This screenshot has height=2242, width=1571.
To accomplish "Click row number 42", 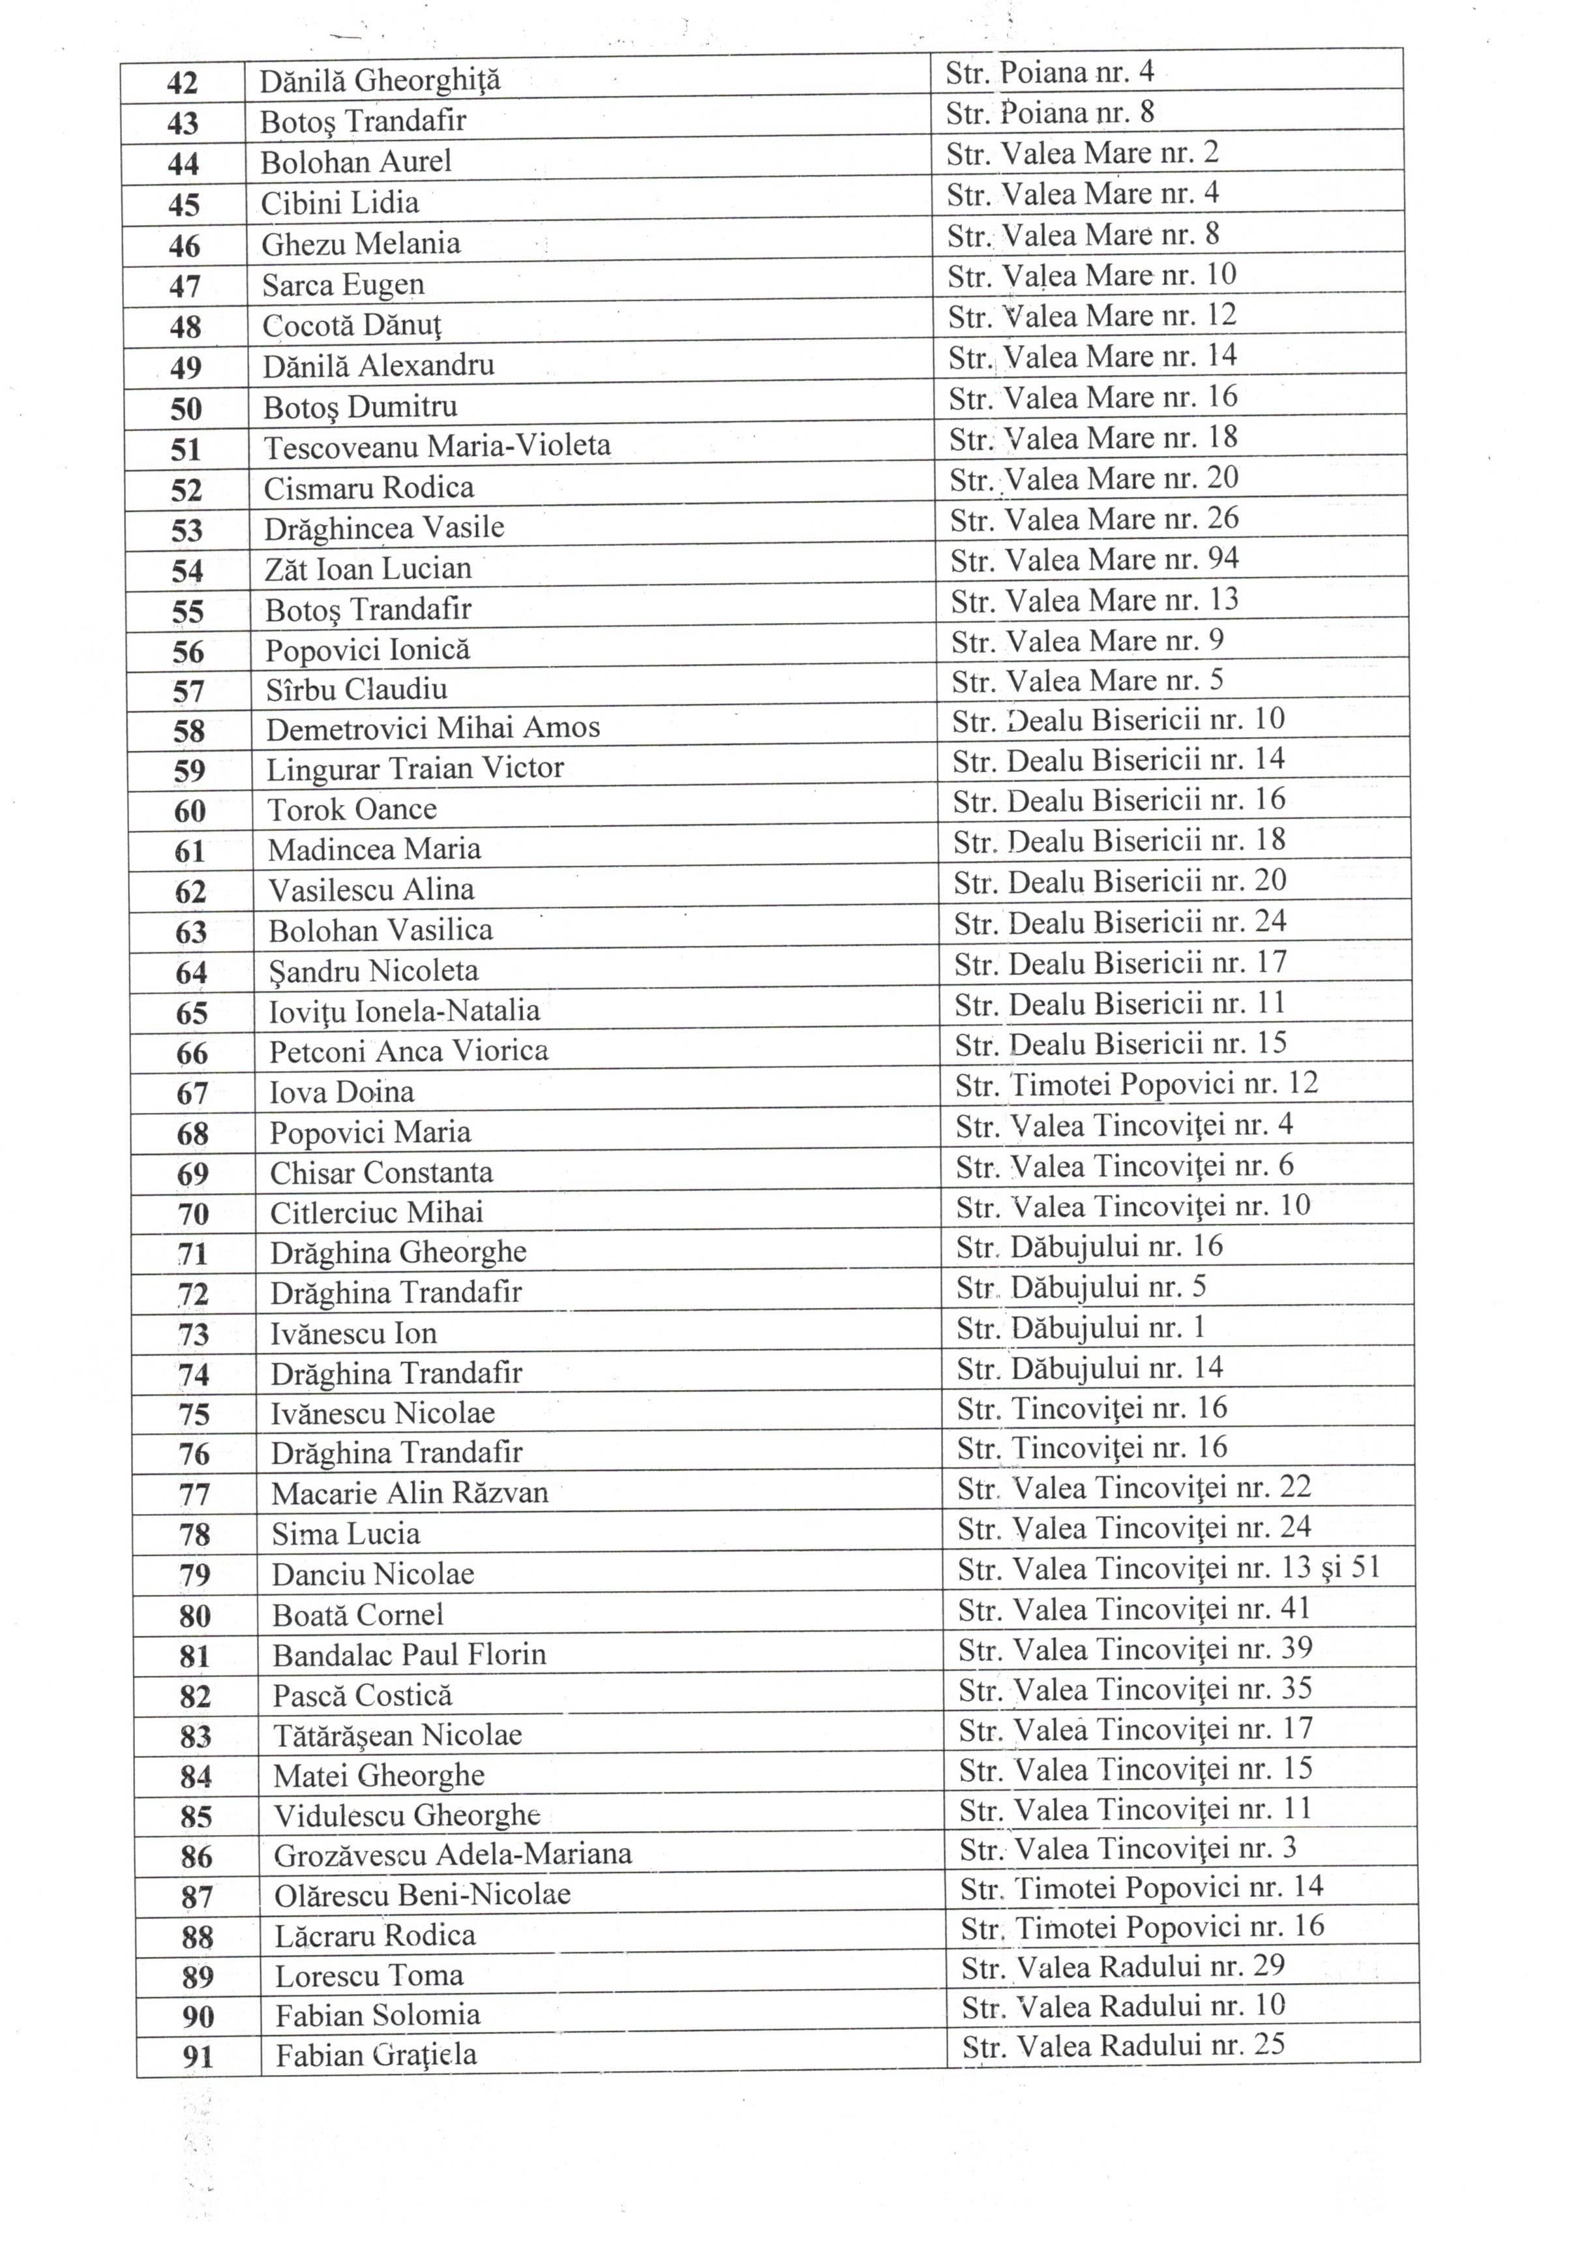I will tap(183, 83).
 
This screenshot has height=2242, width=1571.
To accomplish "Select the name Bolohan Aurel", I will tap(355, 162).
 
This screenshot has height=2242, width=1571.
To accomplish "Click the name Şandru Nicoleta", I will tap(373, 971).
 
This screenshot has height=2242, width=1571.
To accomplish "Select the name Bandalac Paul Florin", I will tap(408, 1655).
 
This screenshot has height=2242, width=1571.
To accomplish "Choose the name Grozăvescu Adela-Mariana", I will tap(452, 1855).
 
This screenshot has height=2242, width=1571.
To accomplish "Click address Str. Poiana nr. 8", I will tap(1049, 114).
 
